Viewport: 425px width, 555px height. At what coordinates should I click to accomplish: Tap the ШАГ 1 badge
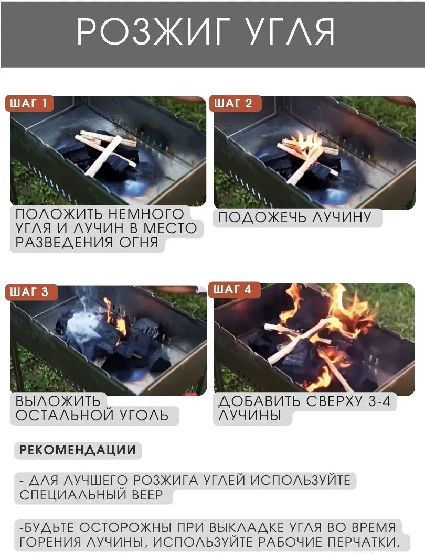point(29,103)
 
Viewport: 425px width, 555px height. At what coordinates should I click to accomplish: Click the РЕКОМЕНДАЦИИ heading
point(78,450)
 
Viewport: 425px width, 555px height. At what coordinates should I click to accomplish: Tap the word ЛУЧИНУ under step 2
point(342,217)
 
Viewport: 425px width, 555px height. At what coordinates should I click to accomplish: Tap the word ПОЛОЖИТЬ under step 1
point(59,214)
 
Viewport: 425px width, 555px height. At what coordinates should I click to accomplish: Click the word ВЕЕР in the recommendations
point(147,495)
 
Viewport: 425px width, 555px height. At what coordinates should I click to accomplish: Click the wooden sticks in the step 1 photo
point(105,150)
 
